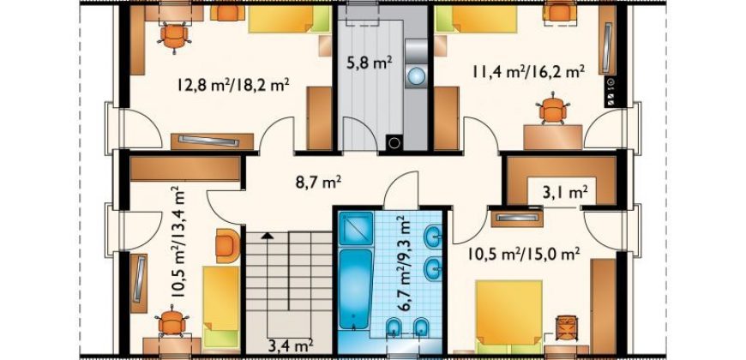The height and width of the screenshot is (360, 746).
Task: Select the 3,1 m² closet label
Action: (x=564, y=193)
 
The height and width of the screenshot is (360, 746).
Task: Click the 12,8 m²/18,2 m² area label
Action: (x=234, y=86)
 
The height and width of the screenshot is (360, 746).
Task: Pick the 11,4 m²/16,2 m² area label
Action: (x=528, y=72)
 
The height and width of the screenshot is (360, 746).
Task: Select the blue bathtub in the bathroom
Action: (x=356, y=289)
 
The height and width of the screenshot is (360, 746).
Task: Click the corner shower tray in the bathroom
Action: (x=355, y=228)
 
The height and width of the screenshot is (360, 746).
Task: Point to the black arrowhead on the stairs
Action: (x=268, y=235)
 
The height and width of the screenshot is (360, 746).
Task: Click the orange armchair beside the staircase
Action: (x=228, y=245)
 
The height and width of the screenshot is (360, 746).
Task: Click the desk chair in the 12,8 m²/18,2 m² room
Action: (x=174, y=36)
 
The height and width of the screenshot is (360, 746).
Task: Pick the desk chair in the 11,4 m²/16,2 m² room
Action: (x=553, y=110)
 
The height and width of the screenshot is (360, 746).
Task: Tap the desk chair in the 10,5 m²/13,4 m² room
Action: (x=171, y=323)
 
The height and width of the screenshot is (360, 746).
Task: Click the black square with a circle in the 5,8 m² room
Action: (x=394, y=141)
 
